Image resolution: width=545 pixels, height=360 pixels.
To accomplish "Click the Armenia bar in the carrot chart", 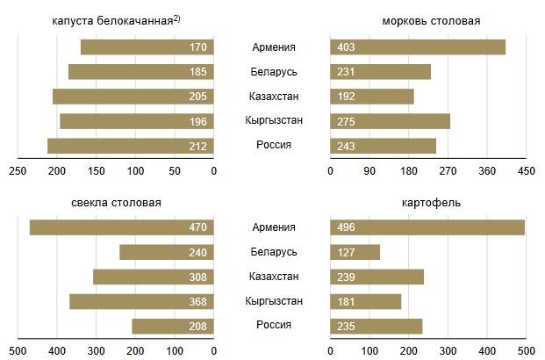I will (x=418, y=47).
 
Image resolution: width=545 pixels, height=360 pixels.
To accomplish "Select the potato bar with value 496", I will (x=427, y=227).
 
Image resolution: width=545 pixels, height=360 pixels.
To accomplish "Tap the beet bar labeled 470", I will (x=122, y=227).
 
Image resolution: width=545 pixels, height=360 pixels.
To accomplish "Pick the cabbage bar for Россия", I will (x=131, y=146).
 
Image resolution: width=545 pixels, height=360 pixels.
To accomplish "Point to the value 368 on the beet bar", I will (x=197, y=302).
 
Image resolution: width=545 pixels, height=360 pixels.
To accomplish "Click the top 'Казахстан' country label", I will (x=273, y=96).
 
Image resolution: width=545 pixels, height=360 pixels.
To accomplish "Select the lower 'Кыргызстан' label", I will (x=273, y=301).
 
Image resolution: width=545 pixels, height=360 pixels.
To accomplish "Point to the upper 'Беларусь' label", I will (x=273, y=71).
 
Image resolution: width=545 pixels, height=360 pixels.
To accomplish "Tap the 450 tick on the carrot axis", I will (x=526, y=171).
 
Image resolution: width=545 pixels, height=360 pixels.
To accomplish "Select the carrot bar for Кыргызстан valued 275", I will (x=390, y=121).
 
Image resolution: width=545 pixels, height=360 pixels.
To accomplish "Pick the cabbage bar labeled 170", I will (x=147, y=47).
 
